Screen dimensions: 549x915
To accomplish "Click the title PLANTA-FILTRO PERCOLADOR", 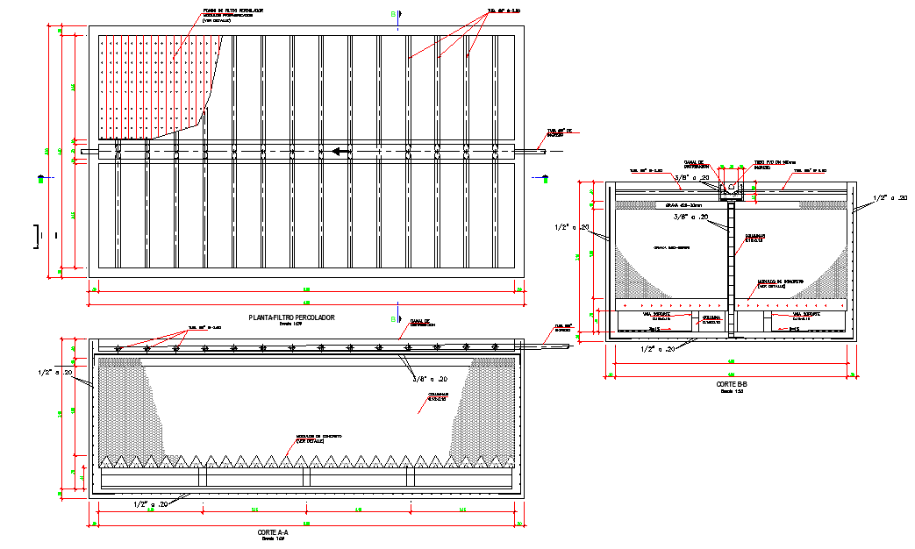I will click(291, 317).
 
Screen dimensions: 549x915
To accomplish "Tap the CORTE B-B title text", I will click(730, 384).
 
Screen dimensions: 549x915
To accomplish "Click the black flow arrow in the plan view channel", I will click(341, 152).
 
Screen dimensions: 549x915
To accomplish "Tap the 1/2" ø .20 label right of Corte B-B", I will click(890, 199).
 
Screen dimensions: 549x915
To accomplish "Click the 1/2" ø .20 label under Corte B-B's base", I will click(659, 349).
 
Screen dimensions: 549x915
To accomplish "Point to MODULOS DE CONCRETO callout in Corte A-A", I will click(318, 438).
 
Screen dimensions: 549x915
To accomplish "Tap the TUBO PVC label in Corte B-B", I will click(773, 163).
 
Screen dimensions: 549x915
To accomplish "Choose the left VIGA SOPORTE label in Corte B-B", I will click(658, 315).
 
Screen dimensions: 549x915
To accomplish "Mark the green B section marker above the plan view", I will click(392, 14).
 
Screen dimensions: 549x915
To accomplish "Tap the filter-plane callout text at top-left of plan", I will click(232, 15).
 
